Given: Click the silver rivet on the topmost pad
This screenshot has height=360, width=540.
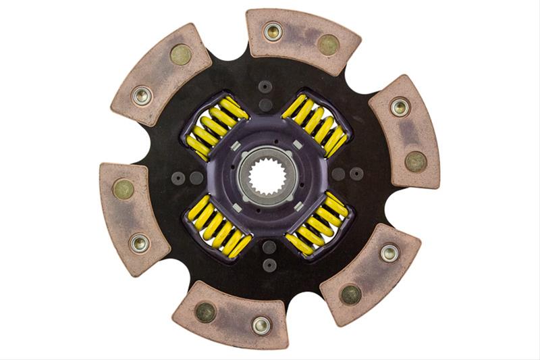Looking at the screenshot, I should pos(273,31).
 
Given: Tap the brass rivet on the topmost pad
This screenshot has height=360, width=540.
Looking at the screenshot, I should pos(329,45).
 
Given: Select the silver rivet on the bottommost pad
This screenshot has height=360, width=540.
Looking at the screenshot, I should pos(261,325).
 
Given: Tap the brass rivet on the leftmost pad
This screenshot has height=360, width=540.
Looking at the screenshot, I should pos(124,188).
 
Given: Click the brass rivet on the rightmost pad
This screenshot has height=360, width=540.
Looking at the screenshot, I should pos(415,161).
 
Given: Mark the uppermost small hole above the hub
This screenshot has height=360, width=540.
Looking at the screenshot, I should pos(266,87).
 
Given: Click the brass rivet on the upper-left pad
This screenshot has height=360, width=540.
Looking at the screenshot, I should pos(180,55).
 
